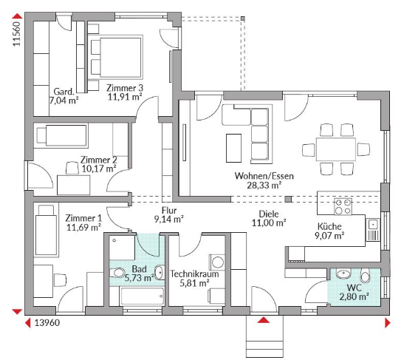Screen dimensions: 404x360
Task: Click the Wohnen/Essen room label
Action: [264, 176]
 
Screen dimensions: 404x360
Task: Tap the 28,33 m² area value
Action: [264, 185]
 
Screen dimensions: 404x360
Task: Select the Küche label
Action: [329, 226]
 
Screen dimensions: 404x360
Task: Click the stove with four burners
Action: [343, 206]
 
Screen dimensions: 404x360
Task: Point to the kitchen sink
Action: [373, 230]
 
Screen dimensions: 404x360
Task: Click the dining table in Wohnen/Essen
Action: [336, 149]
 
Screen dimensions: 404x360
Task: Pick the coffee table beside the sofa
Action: [233, 148]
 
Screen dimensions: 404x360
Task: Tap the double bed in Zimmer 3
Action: [117, 57]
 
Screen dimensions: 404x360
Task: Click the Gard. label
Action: [64, 92]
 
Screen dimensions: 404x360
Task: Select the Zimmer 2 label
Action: [99, 160]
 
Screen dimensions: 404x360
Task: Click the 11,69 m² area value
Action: [83, 228]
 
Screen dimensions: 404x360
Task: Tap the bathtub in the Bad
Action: [143, 296]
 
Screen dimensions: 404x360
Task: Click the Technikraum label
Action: [194, 274]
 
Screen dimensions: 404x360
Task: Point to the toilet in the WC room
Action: [365, 276]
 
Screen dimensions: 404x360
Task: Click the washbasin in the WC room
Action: [343, 274]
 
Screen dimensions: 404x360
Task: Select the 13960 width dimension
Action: [47, 322]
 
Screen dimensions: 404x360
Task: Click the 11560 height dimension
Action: [16, 34]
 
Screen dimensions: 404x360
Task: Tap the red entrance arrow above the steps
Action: [264, 320]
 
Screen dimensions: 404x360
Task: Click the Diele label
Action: [269, 214]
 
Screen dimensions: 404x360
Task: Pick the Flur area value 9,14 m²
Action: [168, 220]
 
